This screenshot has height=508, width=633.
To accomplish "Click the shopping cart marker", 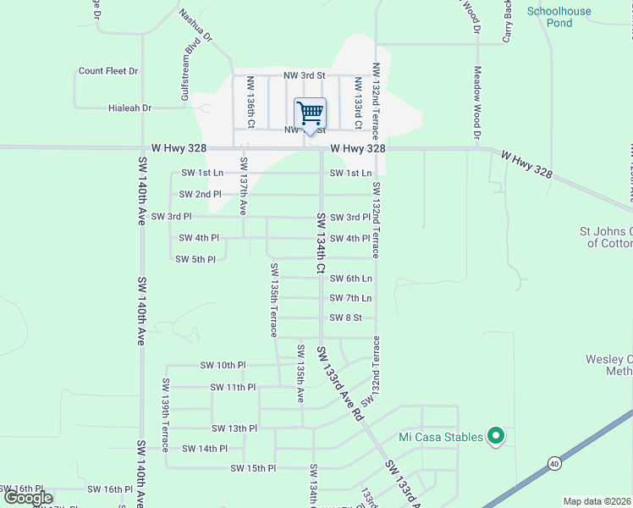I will coord(311,113).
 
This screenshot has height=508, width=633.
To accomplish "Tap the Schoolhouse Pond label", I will coord(559,17).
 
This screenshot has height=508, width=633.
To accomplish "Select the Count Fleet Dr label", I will coord(108,71).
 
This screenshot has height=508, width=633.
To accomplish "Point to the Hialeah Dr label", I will coord(129,108).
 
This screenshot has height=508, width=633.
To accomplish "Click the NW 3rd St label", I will coord(304,76).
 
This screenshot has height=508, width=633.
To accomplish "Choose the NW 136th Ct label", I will coord(250,102).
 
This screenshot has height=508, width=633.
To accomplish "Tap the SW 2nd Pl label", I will coord(200,194).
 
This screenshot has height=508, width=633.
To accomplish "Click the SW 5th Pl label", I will coord(195,259).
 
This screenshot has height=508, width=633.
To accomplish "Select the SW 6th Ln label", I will coord(351,279).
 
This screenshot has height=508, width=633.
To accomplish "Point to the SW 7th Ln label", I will coord(351,298).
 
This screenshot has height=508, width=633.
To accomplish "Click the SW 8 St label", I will coord(345,317).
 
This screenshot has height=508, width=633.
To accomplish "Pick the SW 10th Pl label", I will coord(223,365).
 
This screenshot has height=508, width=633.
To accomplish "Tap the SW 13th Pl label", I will coord(234,428).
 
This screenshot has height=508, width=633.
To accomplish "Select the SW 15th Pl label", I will coord(254,468).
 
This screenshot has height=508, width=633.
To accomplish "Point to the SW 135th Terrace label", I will coord(273,299).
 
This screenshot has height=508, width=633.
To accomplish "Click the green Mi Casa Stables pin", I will coord(498,437).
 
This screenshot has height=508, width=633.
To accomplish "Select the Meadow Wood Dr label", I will coord(477,103).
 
